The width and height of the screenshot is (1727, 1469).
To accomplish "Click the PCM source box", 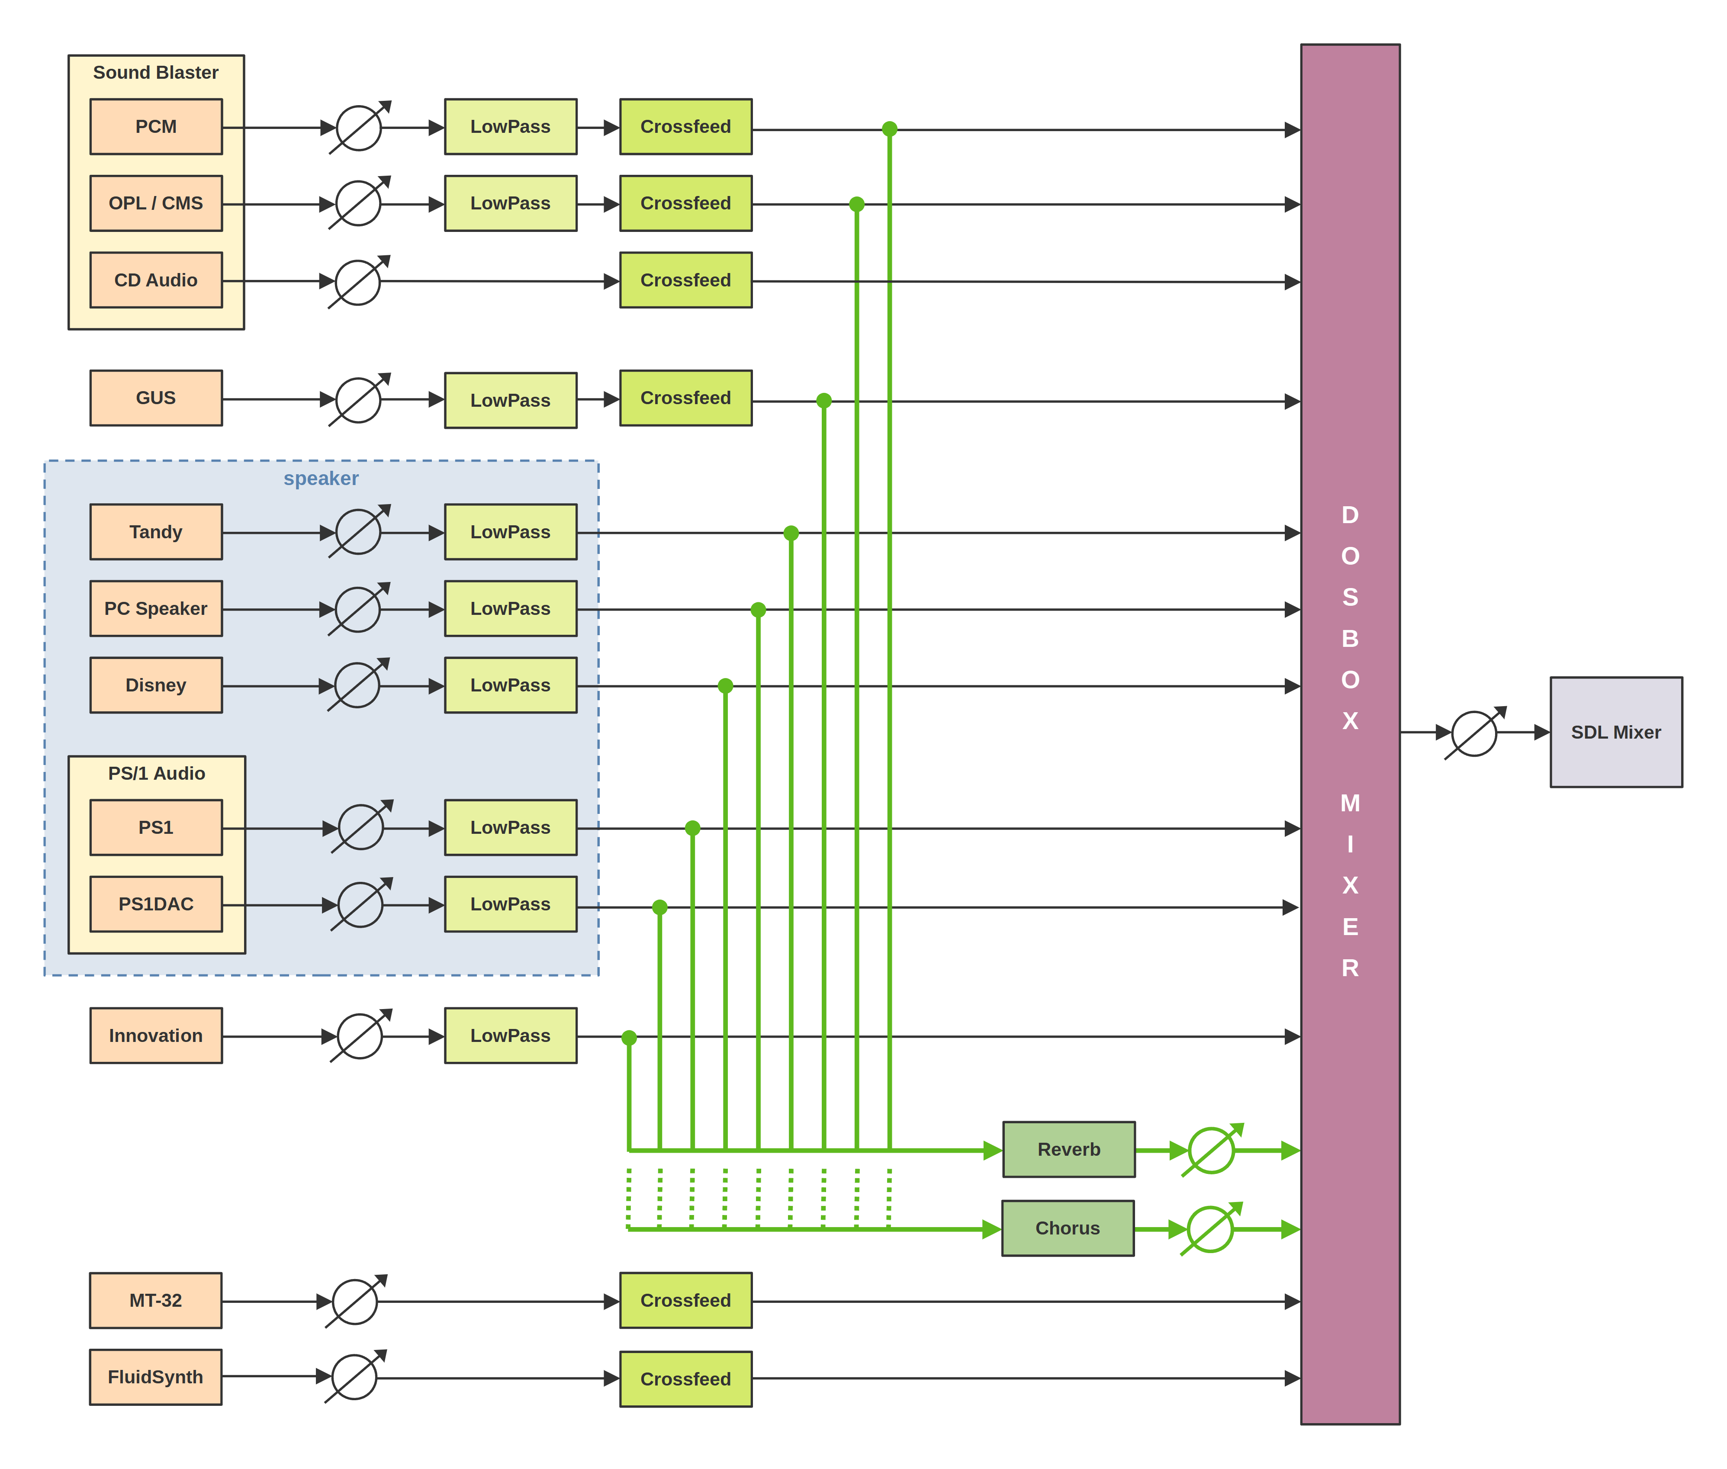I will [156, 127].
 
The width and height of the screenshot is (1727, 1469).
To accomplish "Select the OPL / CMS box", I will [156, 203].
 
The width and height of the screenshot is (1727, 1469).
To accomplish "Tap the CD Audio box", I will [156, 280].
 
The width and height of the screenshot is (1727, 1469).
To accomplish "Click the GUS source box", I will [156, 398].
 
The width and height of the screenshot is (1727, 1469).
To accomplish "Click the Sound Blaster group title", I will [156, 72].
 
